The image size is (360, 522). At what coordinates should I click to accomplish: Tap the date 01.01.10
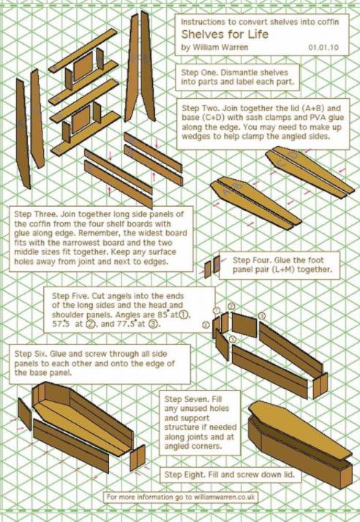(323, 48)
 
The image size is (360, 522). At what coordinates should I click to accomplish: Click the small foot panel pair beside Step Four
(212, 267)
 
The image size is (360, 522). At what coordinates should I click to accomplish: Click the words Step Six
(31, 354)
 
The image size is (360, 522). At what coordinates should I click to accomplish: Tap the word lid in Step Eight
(288, 474)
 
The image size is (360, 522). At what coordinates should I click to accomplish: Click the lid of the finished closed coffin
(299, 429)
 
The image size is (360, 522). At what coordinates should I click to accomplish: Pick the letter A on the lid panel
(228, 192)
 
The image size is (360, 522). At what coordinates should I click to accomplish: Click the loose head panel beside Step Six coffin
(25, 415)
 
